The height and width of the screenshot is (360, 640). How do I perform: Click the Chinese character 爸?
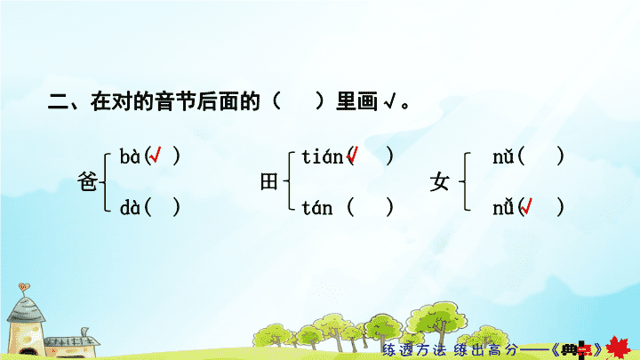click(87, 182)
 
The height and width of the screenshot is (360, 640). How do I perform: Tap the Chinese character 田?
click(269, 182)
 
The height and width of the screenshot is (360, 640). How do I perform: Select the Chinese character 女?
click(439, 182)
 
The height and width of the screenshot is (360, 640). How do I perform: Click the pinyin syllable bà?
click(130, 156)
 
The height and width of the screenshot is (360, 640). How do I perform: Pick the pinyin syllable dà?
click(130, 208)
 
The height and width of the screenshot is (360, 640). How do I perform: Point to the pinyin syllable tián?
click(322, 156)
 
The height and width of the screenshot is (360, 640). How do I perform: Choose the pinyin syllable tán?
click(317, 208)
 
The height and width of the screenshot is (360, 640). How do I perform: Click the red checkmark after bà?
click(155, 155)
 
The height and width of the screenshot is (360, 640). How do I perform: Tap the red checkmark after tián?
click(352, 155)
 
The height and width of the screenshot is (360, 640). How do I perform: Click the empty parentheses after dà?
click(162, 208)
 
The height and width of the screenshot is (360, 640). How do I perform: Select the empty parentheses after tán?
click(370, 208)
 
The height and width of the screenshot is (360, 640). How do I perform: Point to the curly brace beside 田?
click(289, 180)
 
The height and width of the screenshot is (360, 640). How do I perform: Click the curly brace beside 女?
click(465, 181)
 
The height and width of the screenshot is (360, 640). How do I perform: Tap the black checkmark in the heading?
click(390, 101)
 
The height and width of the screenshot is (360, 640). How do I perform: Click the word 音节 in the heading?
click(175, 101)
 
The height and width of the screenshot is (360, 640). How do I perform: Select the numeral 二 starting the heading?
click(58, 101)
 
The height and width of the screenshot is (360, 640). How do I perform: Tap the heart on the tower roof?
click(24, 286)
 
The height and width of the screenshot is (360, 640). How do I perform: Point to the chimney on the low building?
click(84, 332)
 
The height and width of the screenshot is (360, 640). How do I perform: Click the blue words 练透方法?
click(413, 350)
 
